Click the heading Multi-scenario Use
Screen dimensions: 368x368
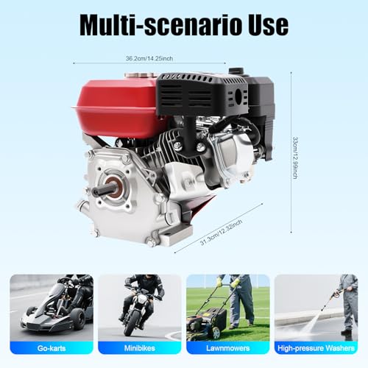point(183,24)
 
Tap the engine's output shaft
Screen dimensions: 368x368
point(103,191)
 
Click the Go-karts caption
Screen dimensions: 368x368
point(52,348)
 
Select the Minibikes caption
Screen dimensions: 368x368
point(140,348)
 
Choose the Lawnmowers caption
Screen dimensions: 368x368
point(228,348)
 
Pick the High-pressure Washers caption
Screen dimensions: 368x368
point(316,348)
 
